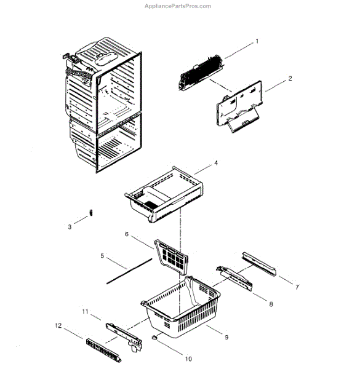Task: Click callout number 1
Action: [257, 41]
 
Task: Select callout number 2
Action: [290, 79]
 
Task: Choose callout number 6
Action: [127, 234]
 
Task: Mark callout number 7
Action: [297, 287]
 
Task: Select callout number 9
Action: [226, 338]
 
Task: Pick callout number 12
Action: [58, 325]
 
